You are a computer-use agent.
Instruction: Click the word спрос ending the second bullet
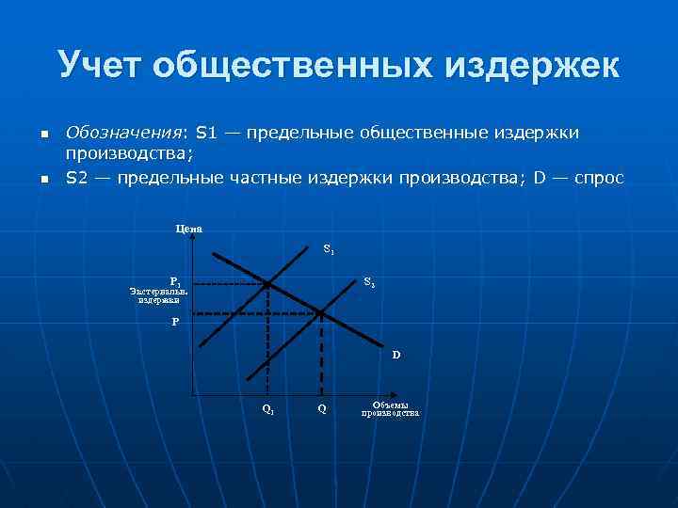[x=595, y=176]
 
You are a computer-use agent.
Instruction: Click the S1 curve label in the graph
[x=329, y=250]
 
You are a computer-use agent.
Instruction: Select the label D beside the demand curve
[x=396, y=355]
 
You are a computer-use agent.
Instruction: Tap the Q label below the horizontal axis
[x=322, y=408]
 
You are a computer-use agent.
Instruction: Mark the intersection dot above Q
[x=321, y=312]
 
